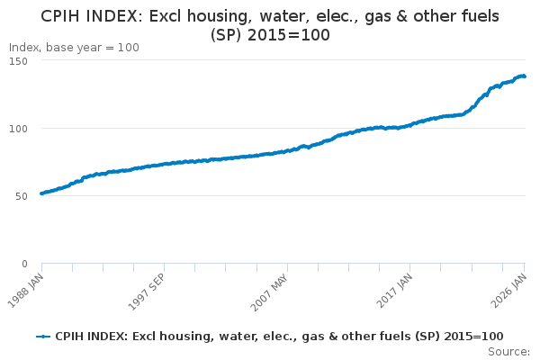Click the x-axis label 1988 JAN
[31, 287]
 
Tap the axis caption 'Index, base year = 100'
[74, 48]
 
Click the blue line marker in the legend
[43, 336]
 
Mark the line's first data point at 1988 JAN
[42, 193]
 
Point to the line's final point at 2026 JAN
[525, 76]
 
